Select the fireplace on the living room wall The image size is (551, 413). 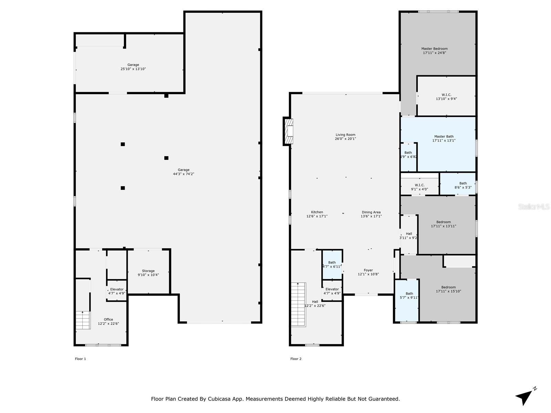[288, 131]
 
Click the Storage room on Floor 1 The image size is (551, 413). [148, 272]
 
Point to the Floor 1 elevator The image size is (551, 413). [117, 290]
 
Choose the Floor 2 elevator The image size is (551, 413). [332, 290]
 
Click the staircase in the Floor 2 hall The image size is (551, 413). [298, 305]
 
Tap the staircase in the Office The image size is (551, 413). [83, 320]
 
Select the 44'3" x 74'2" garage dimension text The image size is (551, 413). [184, 174]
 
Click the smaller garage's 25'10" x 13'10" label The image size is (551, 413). [133, 69]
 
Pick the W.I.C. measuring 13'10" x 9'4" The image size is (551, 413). [446, 96]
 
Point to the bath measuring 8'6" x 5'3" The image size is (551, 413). [458, 183]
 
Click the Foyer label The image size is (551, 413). [368, 270]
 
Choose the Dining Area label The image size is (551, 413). [371, 212]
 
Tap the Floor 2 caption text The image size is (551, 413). [296, 359]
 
